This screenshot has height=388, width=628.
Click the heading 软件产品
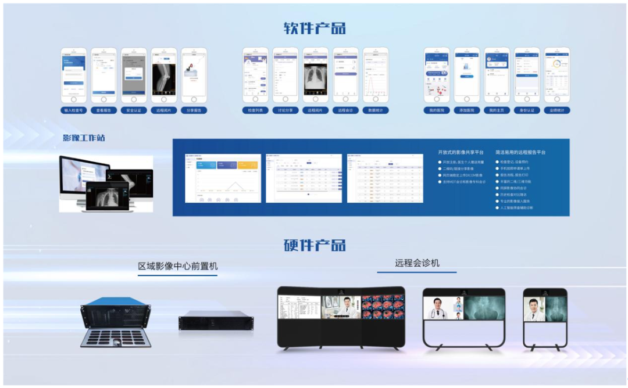(315, 28)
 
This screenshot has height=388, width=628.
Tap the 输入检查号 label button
(73, 110)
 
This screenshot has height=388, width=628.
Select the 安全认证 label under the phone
(134, 110)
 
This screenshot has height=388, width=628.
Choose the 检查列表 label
(255, 110)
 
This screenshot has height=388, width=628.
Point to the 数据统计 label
(376, 110)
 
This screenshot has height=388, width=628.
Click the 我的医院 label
(437, 110)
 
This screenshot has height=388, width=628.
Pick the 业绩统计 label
(557, 110)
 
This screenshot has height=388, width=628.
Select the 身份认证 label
(527, 110)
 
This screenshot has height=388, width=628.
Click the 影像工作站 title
(84, 138)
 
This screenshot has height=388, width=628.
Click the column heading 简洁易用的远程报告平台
(520, 152)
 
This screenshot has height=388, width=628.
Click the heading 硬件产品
(315, 245)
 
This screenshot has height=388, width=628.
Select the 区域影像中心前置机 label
(178, 266)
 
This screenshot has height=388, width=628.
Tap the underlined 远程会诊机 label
(417, 263)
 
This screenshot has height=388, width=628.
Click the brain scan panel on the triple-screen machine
(383, 307)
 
